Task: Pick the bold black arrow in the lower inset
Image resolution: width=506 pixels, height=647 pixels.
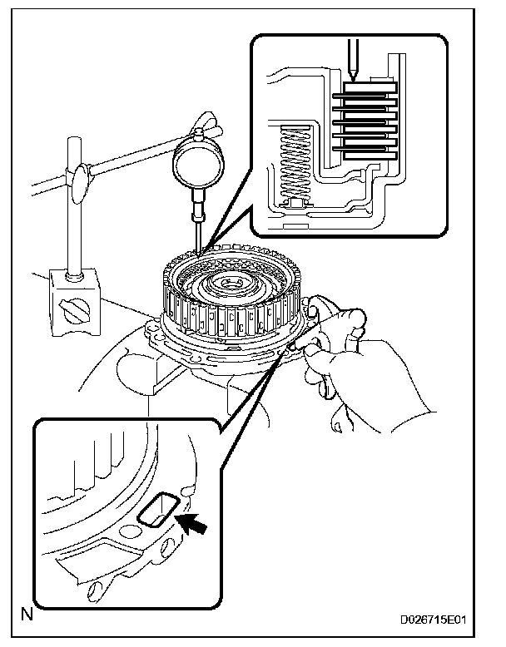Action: point(193,526)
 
